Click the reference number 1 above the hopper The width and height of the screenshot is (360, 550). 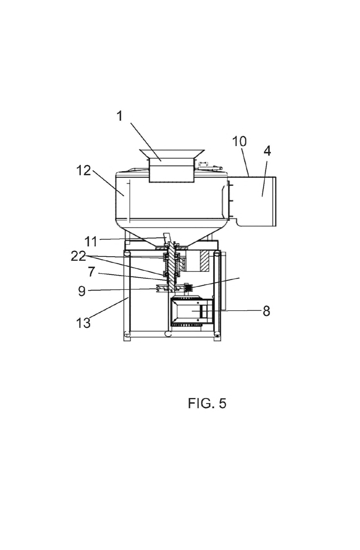(120, 116)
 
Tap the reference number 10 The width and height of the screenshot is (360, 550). (239, 142)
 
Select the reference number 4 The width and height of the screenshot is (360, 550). (267, 151)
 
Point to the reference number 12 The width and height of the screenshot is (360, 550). (84, 170)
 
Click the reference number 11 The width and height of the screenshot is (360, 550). (91, 242)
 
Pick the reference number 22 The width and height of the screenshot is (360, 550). (78, 257)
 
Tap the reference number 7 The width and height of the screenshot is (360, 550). (91, 272)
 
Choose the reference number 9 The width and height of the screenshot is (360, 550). (82, 291)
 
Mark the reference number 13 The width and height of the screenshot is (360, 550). (83, 323)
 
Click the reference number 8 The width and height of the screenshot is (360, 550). (266, 311)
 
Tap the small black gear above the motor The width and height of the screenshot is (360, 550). (189, 287)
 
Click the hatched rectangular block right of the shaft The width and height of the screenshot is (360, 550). (205, 261)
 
